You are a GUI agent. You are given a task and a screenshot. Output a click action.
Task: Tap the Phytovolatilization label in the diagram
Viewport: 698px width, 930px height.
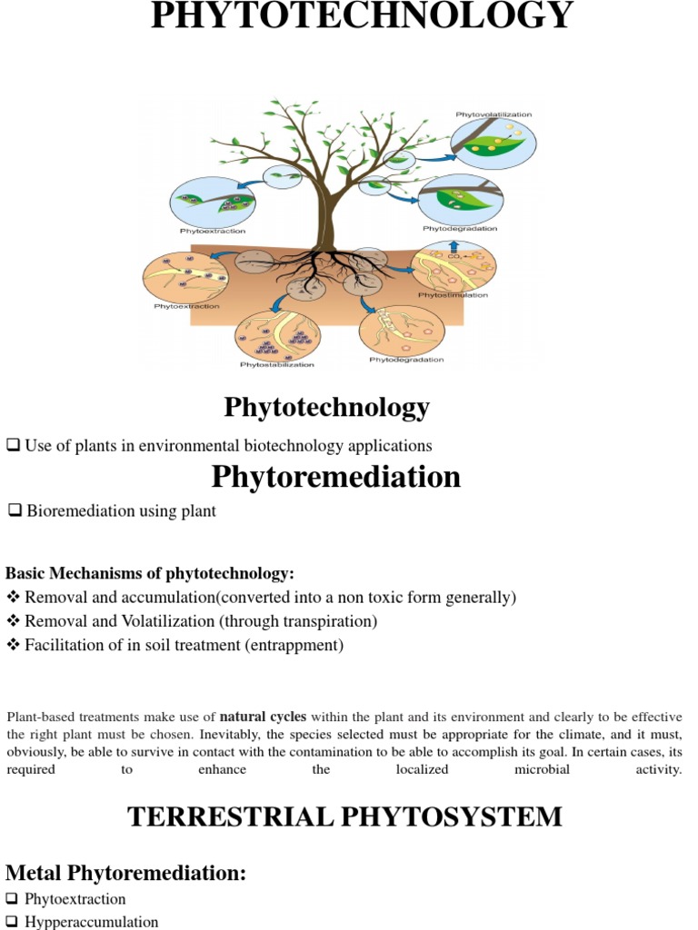point(494,114)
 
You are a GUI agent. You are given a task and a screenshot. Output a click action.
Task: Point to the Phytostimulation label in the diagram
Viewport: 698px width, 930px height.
point(453,295)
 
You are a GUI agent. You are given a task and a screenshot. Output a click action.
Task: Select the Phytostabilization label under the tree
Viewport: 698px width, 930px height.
point(277,365)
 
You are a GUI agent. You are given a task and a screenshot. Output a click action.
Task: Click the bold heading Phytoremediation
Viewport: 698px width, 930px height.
point(336,477)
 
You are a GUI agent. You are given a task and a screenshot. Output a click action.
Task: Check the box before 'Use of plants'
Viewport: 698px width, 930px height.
point(14,445)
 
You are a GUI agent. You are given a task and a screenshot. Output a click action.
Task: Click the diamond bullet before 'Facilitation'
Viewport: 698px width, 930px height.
point(13,646)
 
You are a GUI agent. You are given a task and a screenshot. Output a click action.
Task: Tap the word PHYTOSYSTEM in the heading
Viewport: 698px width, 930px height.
point(462,816)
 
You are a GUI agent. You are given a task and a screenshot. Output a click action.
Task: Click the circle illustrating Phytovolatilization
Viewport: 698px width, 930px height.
point(494,144)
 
